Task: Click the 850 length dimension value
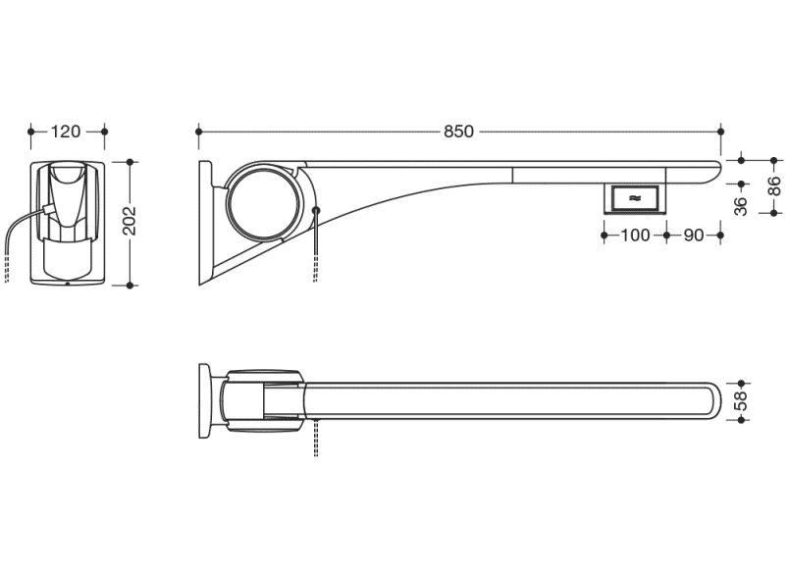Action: pyautogui.click(x=458, y=132)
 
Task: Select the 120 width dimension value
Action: pyautogui.click(x=66, y=132)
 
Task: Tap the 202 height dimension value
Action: pyautogui.click(x=130, y=221)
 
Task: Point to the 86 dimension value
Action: pyautogui.click(x=775, y=186)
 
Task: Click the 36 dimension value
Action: pyautogui.click(x=741, y=206)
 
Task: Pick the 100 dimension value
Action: pyautogui.click(x=635, y=235)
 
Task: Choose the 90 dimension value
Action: pyautogui.click(x=694, y=235)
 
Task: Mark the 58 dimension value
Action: pyautogui.click(x=741, y=401)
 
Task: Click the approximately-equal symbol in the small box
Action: pyautogui.click(x=635, y=198)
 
